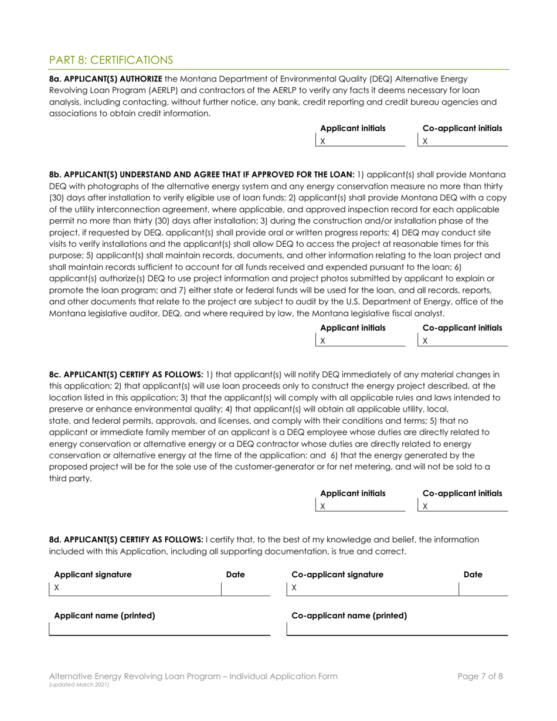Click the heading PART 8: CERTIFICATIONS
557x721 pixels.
(x=111, y=60)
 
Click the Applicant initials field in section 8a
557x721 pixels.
(x=361, y=141)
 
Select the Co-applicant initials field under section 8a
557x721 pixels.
(x=463, y=141)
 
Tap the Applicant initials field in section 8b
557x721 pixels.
(x=361, y=341)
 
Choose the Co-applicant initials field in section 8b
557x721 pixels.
(x=463, y=341)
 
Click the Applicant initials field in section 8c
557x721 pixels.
(x=361, y=505)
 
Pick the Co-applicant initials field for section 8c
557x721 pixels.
(x=463, y=505)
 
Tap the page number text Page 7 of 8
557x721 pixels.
(x=480, y=676)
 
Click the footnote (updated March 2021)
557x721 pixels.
(x=76, y=685)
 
